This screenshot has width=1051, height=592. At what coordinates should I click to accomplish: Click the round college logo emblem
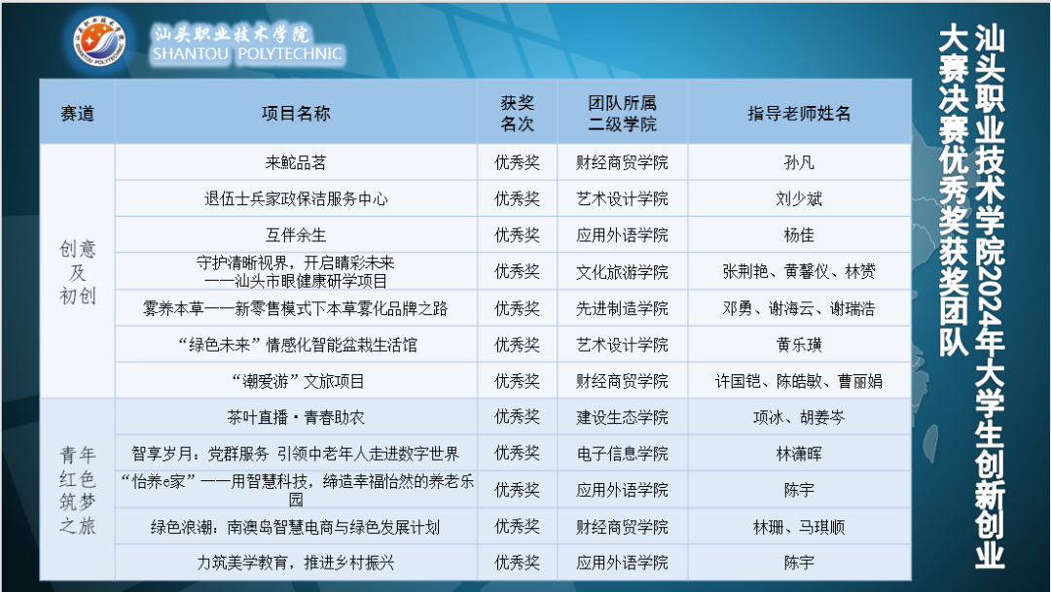point(101,44)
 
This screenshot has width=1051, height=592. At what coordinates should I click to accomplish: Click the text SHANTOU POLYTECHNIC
point(247,54)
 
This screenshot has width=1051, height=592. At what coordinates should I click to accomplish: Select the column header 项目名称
point(296,113)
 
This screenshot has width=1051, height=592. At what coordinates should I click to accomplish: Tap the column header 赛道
point(78,113)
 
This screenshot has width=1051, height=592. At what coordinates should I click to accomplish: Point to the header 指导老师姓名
point(799,113)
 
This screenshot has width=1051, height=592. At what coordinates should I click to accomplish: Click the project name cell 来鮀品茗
point(296,162)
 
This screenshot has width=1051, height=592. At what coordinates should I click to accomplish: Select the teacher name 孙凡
point(799,162)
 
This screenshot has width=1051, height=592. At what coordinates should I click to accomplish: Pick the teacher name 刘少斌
point(799,199)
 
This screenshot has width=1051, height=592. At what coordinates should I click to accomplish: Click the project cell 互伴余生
point(296,235)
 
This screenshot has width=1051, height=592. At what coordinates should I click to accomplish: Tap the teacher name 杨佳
point(799,235)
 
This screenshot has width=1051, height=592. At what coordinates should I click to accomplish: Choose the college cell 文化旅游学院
point(622,271)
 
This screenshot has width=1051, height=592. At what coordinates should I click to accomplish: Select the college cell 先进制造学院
point(622,308)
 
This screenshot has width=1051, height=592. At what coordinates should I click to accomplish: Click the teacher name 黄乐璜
point(799,344)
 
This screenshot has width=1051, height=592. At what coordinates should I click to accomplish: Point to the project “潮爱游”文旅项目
point(296,381)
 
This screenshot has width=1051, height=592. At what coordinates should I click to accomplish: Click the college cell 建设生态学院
point(622,417)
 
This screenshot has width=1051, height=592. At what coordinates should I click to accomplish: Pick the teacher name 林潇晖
point(799,453)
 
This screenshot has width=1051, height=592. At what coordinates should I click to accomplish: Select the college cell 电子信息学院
point(622,453)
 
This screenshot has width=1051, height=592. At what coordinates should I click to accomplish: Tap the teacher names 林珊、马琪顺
point(799,527)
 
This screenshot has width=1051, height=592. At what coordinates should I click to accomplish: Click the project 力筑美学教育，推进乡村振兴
point(296,563)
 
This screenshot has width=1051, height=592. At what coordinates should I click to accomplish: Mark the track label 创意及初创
point(78,272)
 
